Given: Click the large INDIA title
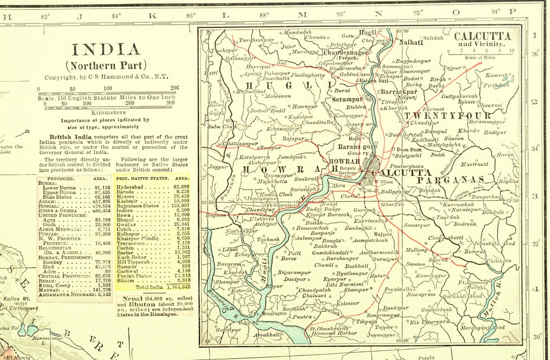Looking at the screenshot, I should point(106,50).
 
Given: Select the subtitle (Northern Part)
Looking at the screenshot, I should point(106,66).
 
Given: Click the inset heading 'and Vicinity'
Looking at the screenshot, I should point(481,44).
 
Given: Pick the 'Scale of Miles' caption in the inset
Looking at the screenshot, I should point(481,57).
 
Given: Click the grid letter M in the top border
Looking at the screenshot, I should point(302,14).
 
